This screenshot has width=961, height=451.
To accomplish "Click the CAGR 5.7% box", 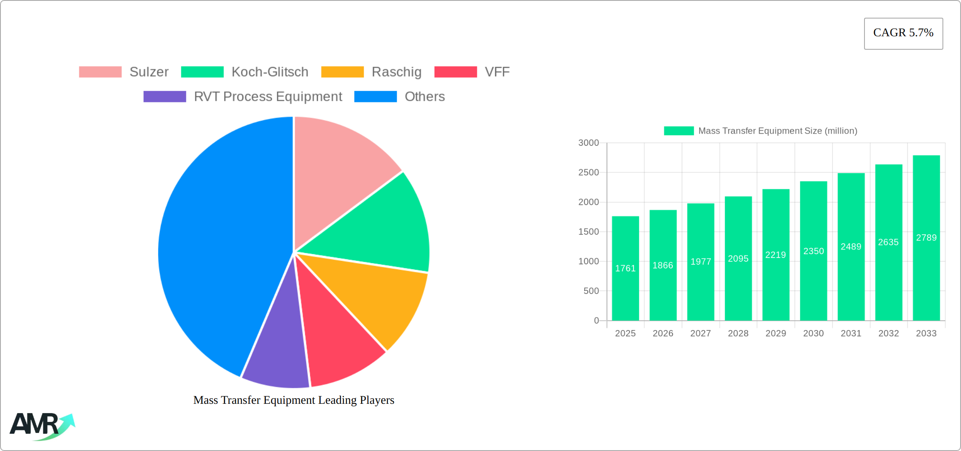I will [x=903, y=33].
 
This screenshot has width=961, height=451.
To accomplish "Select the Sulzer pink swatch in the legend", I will [x=100, y=72].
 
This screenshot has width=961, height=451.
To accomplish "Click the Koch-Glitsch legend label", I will [x=270, y=72].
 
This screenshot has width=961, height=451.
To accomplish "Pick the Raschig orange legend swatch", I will [x=342, y=72].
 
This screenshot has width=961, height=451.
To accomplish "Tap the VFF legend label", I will [x=497, y=72].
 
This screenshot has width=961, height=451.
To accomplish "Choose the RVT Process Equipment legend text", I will [x=268, y=97].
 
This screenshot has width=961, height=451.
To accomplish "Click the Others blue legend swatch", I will [x=375, y=97].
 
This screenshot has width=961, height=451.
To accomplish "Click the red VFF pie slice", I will [x=337, y=337].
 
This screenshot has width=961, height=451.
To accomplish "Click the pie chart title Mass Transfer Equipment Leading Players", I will [x=294, y=400].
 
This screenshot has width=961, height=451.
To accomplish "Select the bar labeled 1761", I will [x=625, y=268].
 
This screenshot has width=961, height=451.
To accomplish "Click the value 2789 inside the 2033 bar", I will [x=926, y=238].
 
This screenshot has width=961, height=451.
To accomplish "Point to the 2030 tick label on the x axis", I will [x=813, y=333].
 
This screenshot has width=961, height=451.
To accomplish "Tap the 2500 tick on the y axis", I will [x=588, y=172].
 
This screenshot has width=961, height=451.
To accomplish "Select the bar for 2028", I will [x=738, y=258].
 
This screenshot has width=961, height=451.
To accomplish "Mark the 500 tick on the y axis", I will [x=591, y=291].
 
